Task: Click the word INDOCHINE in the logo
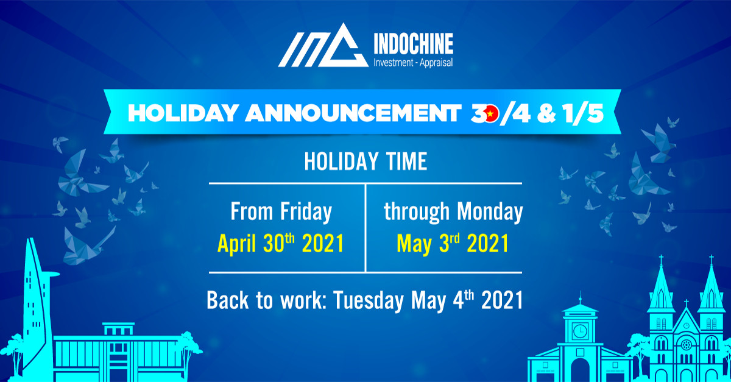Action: pyautogui.click(x=414, y=43)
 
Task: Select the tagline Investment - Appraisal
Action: pyautogui.click(x=413, y=63)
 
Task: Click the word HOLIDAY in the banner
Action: pyautogui.click(x=183, y=113)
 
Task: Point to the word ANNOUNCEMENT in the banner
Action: pyautogui.click(x=353, y=113)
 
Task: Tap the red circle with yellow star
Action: pyautogui.click(x=490, y=113)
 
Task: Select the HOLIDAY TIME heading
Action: pyautogui.click(x=365, y=161)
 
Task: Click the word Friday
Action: pyautogui.click(x=306, y=212)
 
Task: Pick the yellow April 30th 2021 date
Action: pyautogui.click(x=281, y=244)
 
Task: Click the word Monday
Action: pyautogui.click(x=490, y=212)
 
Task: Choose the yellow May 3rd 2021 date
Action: pyautogui.click(x=453, y=244)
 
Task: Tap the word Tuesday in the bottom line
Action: pyautogui.click(x=369, y=300)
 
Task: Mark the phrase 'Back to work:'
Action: pyautogui.click(x=265, y=300)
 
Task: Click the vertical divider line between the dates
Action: pyautogui.click(x=365, y=228)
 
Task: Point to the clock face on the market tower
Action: pyautogui.click(x=580, y=331)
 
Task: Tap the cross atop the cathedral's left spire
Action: pyautogui.click(x=661, y=260)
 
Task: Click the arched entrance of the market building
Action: pyautogui.click(x=580, y=370)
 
